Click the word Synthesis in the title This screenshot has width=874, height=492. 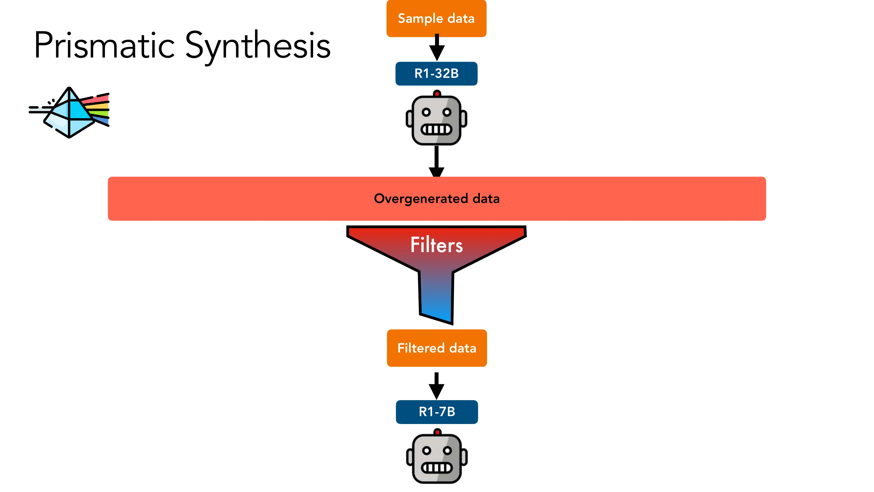tap(258, 46)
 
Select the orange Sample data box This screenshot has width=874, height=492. tap(436, 18)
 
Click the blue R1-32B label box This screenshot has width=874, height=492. tap(436, 73)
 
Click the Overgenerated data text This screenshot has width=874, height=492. tap(437, 199)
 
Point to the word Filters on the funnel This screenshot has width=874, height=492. tap(436, 245)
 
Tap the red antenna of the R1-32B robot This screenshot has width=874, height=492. tap(437, 93)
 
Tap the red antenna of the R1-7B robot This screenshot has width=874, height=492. tap(437, 432)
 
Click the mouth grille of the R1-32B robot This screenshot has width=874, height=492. tap(436, 129)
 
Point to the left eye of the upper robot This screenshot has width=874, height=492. tap(426, 112)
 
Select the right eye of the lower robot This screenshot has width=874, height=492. tap(447, 451)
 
